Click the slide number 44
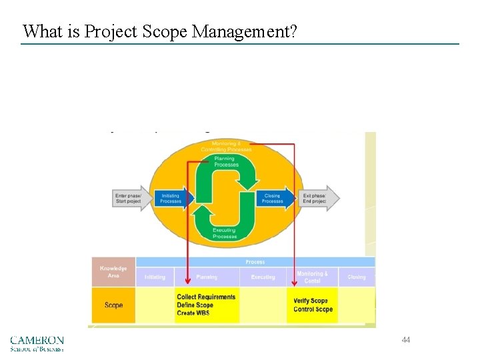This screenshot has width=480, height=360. [405, 340]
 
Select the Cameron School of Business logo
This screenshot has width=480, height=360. [37, 343]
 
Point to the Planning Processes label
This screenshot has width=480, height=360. [225, 161]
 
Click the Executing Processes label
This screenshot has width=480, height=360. [224, 233]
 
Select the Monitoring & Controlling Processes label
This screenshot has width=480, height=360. [227, 146]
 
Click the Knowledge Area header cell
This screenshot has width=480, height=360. [113, 272]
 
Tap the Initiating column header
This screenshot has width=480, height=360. [155, 277]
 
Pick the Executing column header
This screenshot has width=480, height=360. [263, 277]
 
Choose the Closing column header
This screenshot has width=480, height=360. [357, 277]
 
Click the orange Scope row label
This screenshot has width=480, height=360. [113, 305]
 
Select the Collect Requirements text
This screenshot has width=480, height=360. [206, 297]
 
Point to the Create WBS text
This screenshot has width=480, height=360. [193, 313]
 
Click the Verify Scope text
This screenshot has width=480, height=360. [311, 301]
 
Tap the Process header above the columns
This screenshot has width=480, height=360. [255, 262]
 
